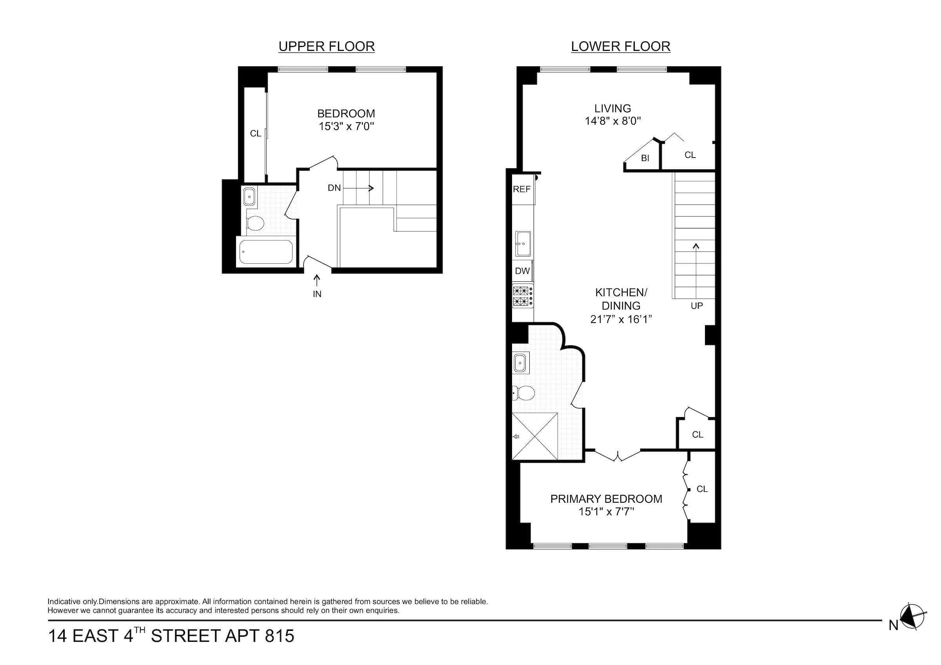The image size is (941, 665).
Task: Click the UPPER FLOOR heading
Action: [326, 46]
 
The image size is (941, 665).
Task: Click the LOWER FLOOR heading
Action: [620, 46]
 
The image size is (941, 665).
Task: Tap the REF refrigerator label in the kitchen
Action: [521, 189]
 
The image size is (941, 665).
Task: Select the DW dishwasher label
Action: [522, 270]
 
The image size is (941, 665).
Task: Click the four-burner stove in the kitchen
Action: [522, 296]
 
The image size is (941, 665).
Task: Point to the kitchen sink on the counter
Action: [523, 243]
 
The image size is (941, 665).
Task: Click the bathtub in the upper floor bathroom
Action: [265, 252]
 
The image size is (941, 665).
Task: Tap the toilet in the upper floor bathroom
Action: [255, 223]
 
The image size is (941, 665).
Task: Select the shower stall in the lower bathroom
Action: [534, 436]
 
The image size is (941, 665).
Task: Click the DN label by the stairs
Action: [334, 188]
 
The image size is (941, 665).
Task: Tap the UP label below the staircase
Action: [696, 306]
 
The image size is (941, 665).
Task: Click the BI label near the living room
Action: [645, 158]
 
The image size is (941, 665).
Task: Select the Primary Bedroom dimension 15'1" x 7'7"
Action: [606, 511]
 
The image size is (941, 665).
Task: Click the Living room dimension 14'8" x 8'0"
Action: [612, 121]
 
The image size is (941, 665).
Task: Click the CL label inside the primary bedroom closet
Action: [702, 489]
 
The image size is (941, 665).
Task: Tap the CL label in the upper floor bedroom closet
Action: [255, 134]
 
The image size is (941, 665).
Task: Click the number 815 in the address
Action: [280, 636]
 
